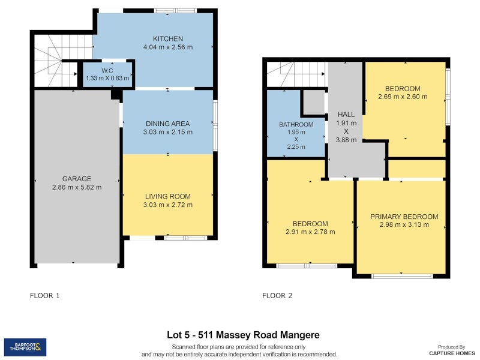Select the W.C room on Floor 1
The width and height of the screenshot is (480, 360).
[x=107, y=74]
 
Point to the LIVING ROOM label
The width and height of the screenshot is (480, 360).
[x=167, y=196]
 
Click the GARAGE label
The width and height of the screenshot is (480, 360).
[x=77, y=178]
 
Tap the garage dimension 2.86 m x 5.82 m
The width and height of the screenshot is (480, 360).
[x=77, y=187]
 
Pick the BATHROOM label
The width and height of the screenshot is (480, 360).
[x=296, y=125]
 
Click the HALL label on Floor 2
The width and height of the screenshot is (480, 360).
[x=346, y=114]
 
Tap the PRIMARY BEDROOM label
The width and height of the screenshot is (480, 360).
[x=404, y=217]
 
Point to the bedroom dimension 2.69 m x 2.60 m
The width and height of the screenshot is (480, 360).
[x=403, y=96]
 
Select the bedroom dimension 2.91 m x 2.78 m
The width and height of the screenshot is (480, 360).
[x=310, y=232]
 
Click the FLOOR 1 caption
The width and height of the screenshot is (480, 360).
[x=45, y=295]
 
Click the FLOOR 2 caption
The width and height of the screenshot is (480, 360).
[x=277, y=295]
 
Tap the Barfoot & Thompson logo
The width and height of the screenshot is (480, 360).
[x=25, y=347]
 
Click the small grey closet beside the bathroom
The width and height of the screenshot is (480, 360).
[x=313, y=103]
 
